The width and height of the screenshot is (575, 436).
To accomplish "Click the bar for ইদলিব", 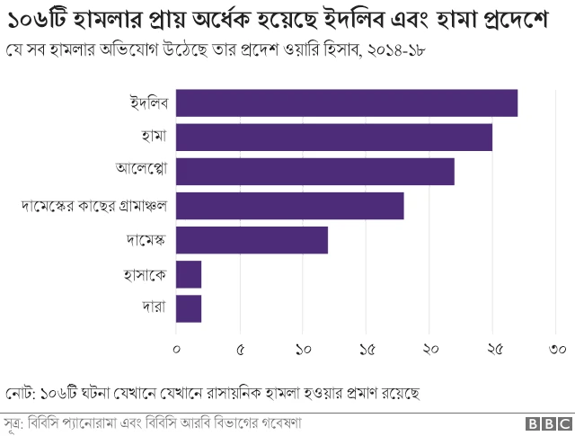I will (x=347, y=103).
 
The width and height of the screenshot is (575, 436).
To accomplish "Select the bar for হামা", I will (x=334, y=138).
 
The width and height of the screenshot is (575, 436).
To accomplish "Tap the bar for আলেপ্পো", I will (x=315, y=171).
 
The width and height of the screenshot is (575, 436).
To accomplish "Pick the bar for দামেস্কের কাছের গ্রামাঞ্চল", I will (x=290, y=206).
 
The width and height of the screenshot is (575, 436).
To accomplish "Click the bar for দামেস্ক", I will (x=252, y=240).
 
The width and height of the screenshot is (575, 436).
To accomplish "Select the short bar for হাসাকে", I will (x=189, y=274).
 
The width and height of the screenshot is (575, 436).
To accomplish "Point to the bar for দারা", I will (x=189, y=308).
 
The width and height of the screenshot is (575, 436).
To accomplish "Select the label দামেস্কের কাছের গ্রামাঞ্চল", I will (x=94, y=206).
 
